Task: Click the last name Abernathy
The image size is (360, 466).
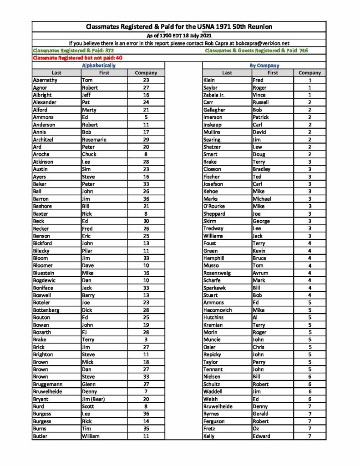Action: pos(46,80)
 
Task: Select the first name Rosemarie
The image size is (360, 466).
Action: pos(94,140)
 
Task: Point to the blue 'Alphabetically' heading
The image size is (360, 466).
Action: pos(98,66)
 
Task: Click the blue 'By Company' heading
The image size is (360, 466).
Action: pos(264,66)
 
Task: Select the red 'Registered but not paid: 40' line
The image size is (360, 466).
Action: pos(77,58)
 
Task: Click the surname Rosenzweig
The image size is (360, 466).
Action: pos(217,273)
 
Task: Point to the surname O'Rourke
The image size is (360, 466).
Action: pos(214,206)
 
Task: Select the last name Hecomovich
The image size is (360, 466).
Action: pos(218,310)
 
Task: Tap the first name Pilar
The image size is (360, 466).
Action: pos(87,251)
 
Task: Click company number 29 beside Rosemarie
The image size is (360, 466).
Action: pos(146,140)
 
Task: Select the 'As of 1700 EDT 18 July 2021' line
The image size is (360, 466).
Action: pos(179,35)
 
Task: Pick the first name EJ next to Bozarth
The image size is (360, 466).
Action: pos(85,332)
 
